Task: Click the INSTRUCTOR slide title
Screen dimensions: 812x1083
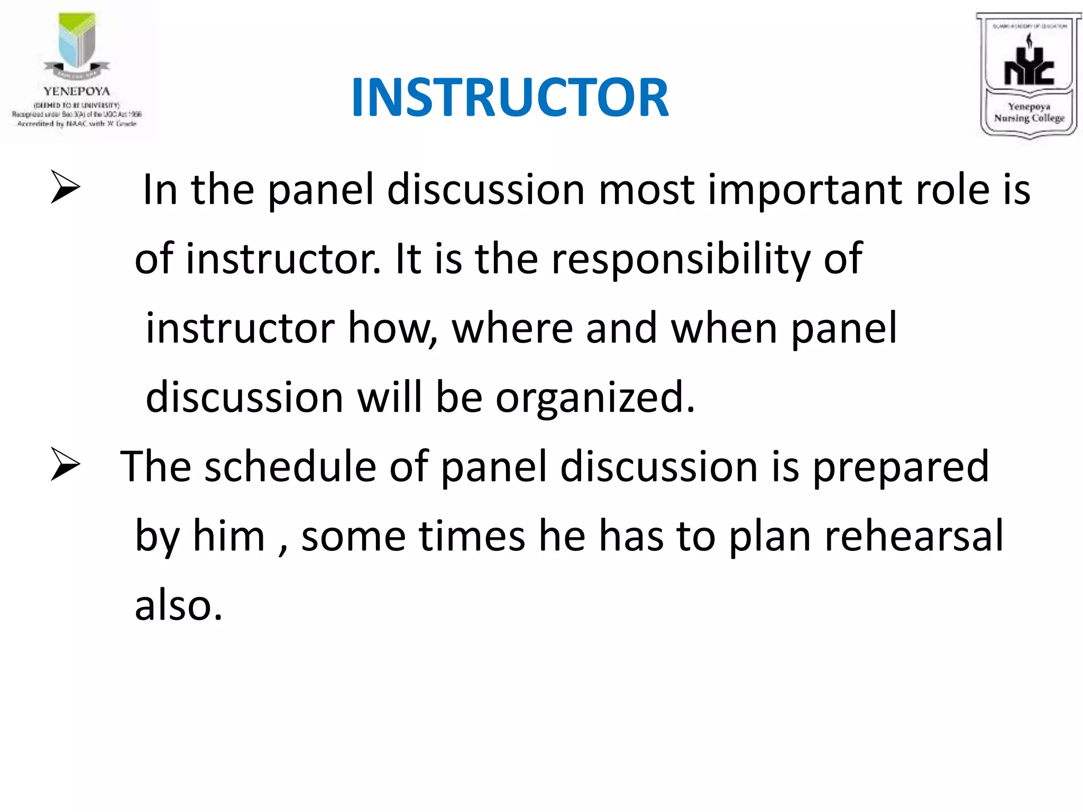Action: [510, 97]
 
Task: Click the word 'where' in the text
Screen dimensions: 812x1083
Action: [512, 329]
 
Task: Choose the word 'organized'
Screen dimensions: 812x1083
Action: [594, 399]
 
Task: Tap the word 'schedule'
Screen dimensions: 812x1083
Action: [291, 467]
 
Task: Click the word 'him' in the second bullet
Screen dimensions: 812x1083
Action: [228, 536]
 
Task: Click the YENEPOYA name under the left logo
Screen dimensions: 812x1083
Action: [77, 91]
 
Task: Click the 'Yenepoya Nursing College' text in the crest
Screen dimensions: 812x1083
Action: [1029, 113]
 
